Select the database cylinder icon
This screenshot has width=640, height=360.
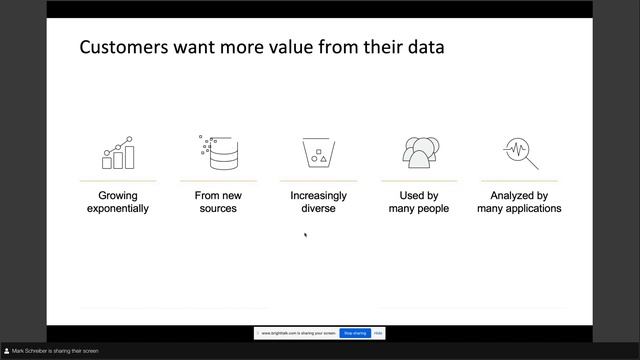click(x=218, y=152)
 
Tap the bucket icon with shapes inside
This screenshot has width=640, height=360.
click(x=318, y=153)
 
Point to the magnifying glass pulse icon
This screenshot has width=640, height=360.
click(x=520, y=152)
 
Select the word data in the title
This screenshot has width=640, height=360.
click(x=424, y=47)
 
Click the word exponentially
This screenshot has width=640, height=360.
click(x=118, y=209)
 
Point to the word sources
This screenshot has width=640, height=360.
click(x=218, y=209)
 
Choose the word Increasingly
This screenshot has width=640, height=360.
click(x=318, y=196)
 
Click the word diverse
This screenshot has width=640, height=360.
click(x=318, y=209)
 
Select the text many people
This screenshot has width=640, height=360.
click(x=419, y=209)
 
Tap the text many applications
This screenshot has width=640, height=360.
click(x=519, y=209)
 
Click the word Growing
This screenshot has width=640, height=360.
click(x=118, y=196)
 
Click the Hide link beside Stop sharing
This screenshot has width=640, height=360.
click(x=378, y=333)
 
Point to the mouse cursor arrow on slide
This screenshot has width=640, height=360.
click(x=305, y=235)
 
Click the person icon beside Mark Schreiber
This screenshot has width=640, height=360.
click(x=6, y=351)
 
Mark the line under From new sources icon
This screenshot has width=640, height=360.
click(x=218, y=181)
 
